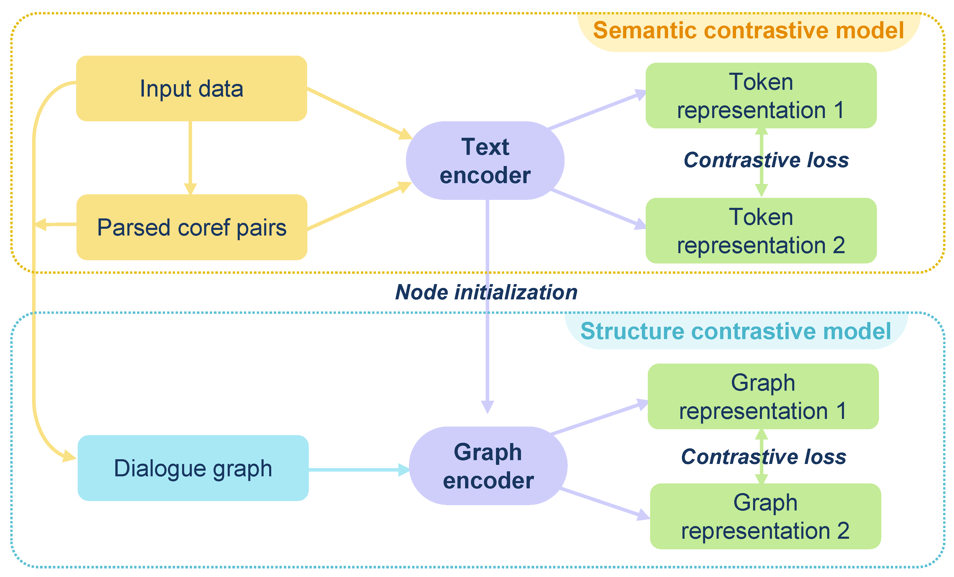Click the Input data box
(192, 88)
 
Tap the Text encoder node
(485, 161)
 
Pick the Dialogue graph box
(193, 468)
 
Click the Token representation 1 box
(761, 96)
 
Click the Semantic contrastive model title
(748, 31)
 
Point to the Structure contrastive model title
(736, 331)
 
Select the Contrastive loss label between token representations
(766, 160)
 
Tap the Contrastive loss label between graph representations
(763, 457)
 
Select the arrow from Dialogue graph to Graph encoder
(358, 470)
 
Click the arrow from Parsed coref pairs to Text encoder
(358, 207)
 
